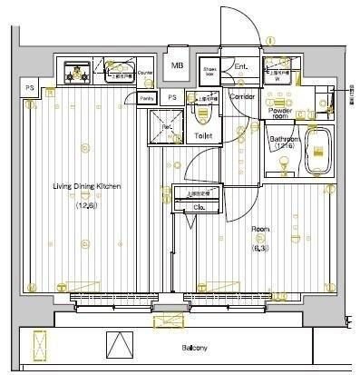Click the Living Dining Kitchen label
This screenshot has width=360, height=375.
[86, 186]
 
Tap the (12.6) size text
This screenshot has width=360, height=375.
[87, 204]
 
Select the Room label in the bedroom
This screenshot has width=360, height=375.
[260, 229]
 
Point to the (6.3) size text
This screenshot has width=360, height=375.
[259, 245]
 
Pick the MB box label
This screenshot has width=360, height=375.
[178, 65]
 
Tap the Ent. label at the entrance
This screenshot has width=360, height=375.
[240, 67]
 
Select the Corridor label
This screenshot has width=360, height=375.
[242, 95]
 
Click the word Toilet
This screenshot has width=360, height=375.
[202, 135]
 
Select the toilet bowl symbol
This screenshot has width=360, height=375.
[203, 113]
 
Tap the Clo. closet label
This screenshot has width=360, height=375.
[198, 206]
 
